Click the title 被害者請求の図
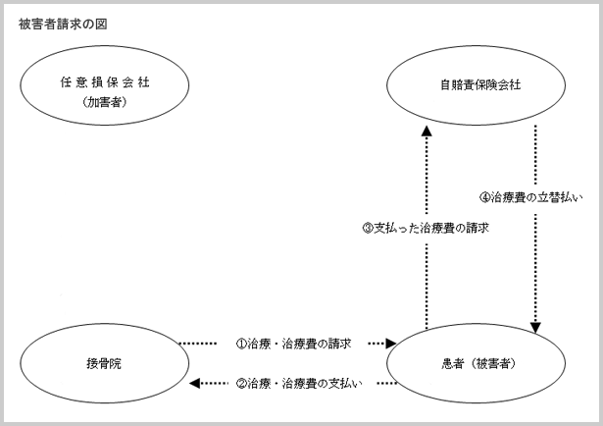coord(63,25)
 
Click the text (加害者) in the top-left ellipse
coord(105,102)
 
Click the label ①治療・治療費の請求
coord(293,344)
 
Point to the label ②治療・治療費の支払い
coord(299,383)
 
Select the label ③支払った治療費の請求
coord(426,228)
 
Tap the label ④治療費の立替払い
coord(531,197)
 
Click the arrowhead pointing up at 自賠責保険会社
coord(427,131)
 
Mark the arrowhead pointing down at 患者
coord(535,328)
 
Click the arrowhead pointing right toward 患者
coord(391,343)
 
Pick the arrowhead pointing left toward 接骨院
coord(195,383)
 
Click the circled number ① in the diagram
coord(241,344)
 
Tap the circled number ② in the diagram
coord(241,384)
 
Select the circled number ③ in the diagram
coord(368,228)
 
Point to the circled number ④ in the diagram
coord(485,198)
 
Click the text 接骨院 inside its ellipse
coord(104,363)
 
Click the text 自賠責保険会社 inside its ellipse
coord(480,84)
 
